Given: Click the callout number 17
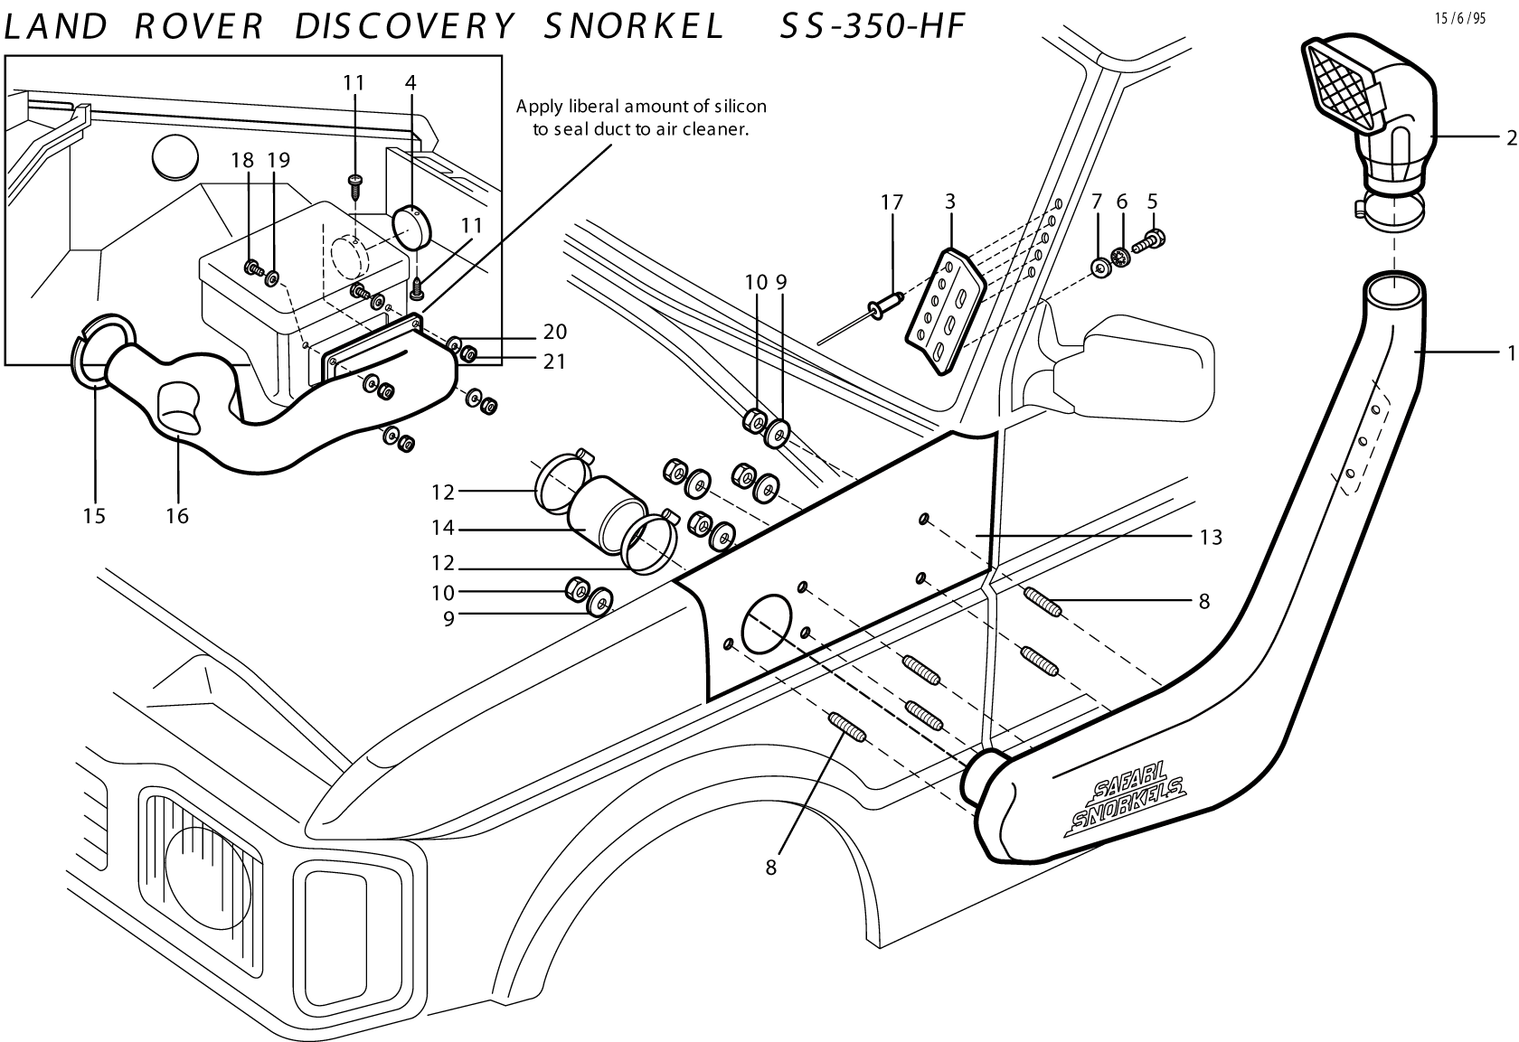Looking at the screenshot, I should (892, 202).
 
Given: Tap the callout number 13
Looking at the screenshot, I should (1211, 538).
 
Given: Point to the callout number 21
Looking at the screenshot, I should (554, 361).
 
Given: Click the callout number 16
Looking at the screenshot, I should (177, 515).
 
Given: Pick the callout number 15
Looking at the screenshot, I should (94, 515).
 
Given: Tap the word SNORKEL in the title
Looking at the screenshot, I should (634, 27).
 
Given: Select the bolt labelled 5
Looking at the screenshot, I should (1149, 241).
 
